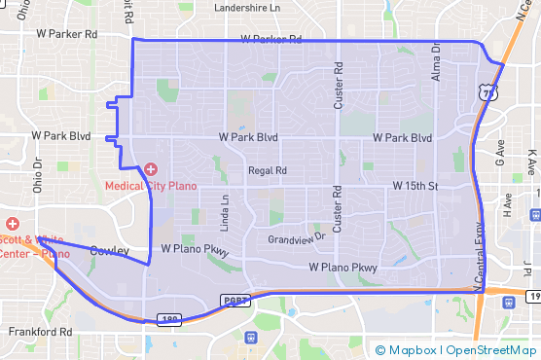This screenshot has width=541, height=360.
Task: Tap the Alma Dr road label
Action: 436,60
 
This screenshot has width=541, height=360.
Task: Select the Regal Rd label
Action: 268,170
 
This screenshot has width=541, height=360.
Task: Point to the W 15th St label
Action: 416,185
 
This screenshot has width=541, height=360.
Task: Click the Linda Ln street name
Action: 225,213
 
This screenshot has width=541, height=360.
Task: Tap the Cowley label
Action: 109,251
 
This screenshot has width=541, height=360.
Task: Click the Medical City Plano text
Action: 151,185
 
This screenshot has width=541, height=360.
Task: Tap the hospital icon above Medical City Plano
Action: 151,170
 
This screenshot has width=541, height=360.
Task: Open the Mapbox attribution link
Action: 408,350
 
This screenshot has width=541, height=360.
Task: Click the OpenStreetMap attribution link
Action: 490,350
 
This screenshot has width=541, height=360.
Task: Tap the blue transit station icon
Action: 251,338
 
